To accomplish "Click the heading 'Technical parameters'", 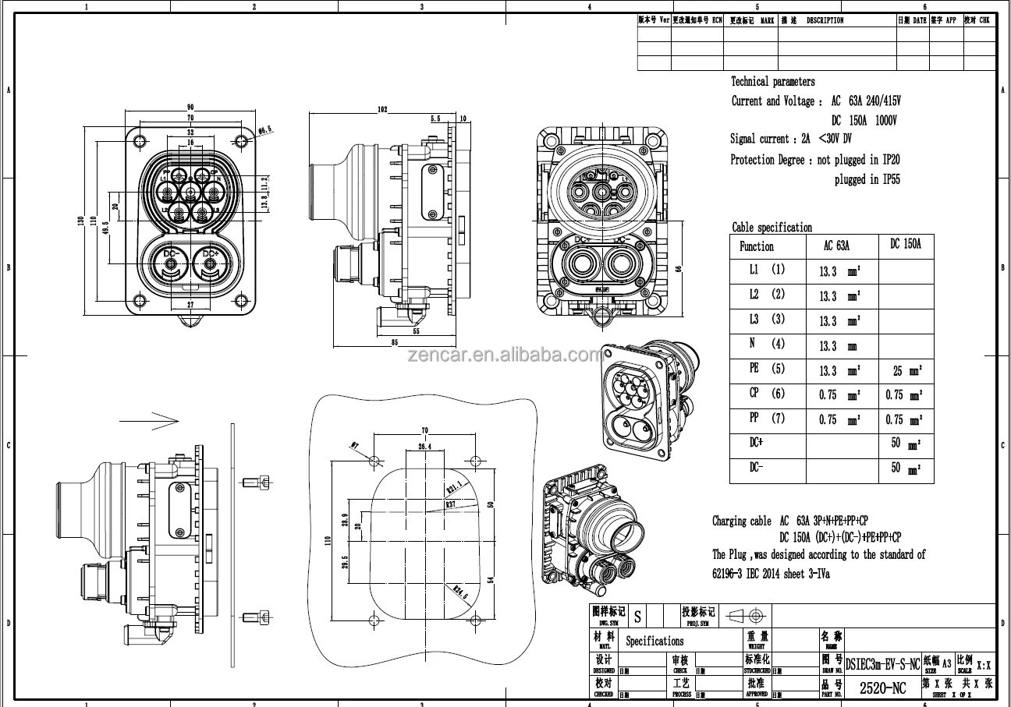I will click(772, 81).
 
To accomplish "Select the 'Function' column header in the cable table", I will click(756, 246).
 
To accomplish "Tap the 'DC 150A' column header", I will click(906, 244).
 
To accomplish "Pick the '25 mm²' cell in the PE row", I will click(906, 371).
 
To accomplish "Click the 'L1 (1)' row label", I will click(767, 270).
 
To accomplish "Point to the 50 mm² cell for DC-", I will click(906, 468).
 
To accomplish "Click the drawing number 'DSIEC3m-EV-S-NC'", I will click(882, 663).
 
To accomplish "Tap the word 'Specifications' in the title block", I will click(654, 642).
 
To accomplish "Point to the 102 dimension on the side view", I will click(382, 110).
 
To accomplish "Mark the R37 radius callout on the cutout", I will click(451, 504).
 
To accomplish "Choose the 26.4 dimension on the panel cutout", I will click(424, 447).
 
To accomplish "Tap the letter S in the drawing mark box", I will click(637, 617).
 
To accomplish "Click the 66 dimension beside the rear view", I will click(678, 269).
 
